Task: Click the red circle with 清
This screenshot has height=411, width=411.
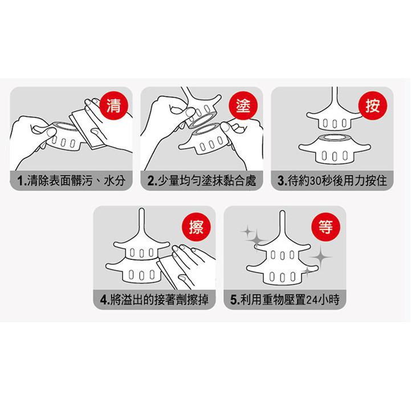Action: pos(114,105)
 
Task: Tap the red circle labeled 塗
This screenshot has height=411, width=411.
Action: pos(243,105)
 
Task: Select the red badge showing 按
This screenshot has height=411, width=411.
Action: pos(372,105)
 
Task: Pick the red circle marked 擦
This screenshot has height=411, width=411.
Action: pos(196,227)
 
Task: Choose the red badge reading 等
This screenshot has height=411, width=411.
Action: pos(326,227)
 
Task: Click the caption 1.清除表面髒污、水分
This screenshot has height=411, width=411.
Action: pos(71,181)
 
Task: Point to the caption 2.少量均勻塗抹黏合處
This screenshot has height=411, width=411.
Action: pos(201,181)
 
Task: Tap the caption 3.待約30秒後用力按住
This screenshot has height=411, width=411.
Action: pos(332,181)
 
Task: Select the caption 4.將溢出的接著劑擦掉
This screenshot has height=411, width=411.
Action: pos(154,300)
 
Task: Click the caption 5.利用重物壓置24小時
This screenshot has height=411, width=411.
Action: pos(285,300)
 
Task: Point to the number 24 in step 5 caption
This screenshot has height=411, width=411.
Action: pos(312,300)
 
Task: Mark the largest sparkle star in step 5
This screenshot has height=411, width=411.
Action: pos(320,257)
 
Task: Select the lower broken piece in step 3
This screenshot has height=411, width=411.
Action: pos(335,149)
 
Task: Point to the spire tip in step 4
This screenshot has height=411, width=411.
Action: pos(141,209)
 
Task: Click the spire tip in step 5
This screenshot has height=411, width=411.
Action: pos(282,211)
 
